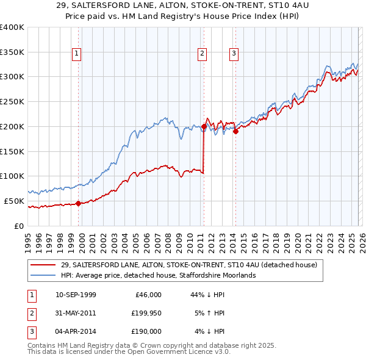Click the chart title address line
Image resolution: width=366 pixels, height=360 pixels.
182,6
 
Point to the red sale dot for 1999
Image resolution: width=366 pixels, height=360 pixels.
78,203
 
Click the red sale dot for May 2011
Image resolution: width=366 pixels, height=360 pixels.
204,127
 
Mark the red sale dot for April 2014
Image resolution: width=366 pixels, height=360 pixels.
235,132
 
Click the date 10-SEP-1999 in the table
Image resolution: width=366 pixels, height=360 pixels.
76,295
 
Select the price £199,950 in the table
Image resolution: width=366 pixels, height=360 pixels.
146,313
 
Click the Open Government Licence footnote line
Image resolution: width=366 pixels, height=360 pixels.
129,352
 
